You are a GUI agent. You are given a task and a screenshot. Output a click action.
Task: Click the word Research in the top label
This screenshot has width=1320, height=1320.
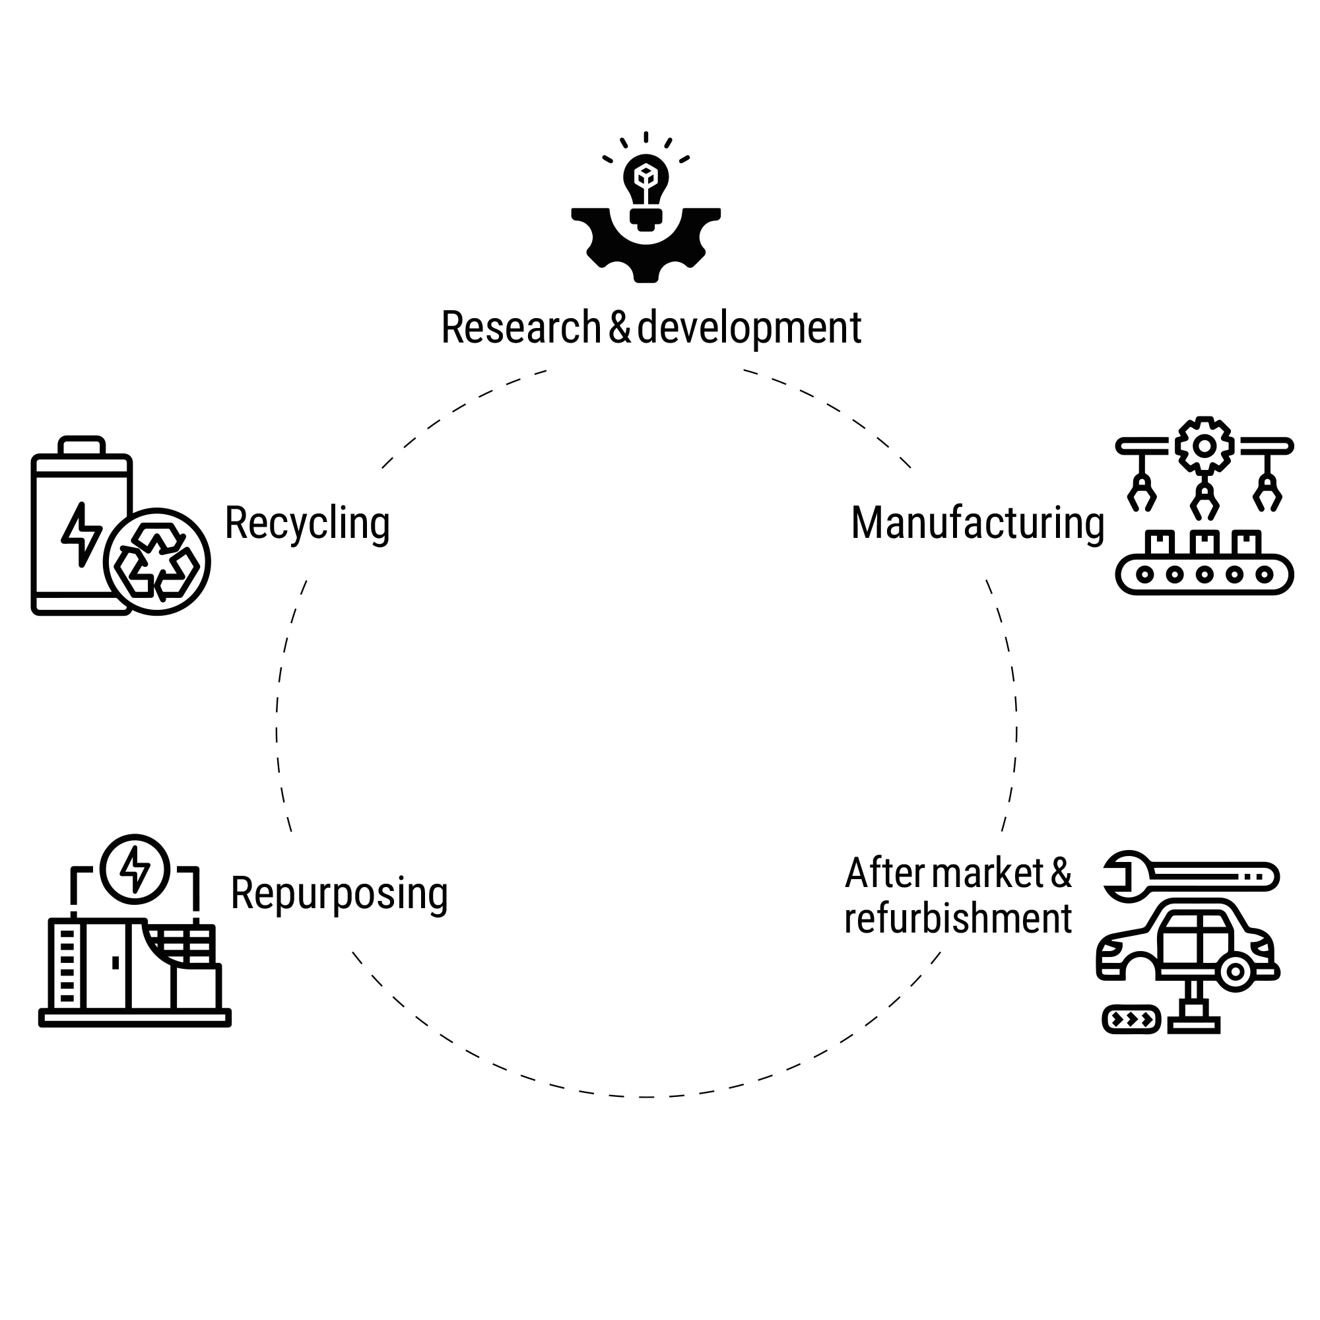pos(521,327)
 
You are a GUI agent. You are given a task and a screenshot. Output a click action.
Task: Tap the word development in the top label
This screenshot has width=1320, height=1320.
pos(749,329)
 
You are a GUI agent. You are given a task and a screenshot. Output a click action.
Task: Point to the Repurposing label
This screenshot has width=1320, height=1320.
pos(339,893)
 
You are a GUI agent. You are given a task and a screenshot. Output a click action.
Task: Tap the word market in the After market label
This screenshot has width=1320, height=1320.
pos(987,873)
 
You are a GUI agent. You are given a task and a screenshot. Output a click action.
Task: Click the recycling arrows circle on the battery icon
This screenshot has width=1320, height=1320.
pos(157,562)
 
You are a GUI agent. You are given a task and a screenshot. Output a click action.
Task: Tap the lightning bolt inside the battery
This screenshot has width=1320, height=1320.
pos(81,533)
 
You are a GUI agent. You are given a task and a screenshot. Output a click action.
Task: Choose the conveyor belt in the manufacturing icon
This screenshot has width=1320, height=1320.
pos(1204,575)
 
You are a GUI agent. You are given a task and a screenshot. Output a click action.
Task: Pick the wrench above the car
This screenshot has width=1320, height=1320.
pos(1190,876)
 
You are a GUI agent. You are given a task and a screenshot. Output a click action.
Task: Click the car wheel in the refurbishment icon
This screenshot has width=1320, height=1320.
pos(1235,972)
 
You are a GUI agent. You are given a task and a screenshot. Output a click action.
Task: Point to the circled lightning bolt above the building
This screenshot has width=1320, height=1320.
pos(135,869)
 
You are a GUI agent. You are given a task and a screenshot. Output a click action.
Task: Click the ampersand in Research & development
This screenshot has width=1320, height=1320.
pos(619,327)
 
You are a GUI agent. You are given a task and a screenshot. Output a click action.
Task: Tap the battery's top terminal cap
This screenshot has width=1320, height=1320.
pos(81,445)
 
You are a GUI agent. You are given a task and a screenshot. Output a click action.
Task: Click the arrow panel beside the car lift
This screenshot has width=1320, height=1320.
pos(1131,1020)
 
